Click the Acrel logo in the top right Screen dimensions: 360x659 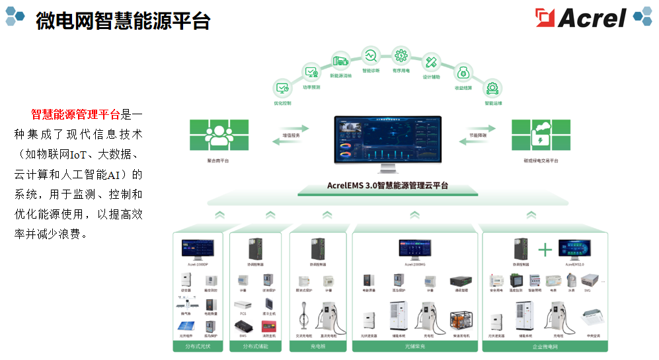pyautogui.click(x=581, y=17)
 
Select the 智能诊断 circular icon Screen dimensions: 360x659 pyautogui.click(x=370, y=55)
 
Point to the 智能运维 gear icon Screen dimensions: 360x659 pyautogui.click(x=492, y=88)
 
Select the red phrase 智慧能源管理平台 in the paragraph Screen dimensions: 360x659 pyautogui.click(x=76, y=114)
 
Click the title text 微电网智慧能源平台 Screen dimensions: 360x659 pyautogui.click(x=123, y=21)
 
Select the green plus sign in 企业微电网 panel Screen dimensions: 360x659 pyautogui.click(x=545, y=250)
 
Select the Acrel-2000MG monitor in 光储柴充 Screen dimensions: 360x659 pyautogui.click(x=414, y=249)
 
